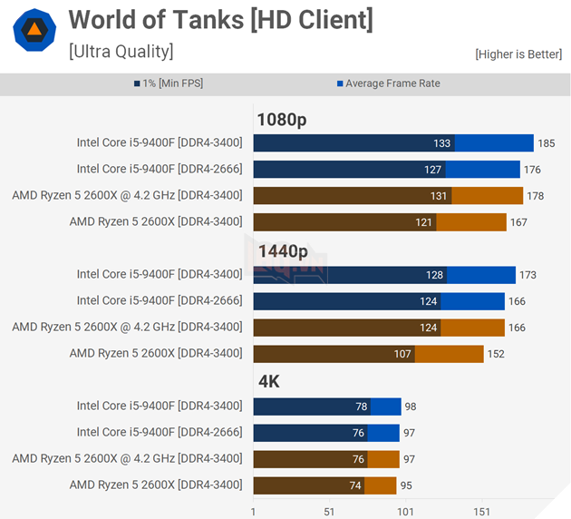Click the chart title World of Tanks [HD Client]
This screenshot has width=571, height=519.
(x=220, y=20)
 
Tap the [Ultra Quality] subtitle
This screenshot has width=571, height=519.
(x=121, y=52)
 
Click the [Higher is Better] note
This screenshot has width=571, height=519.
(x=518, y=54)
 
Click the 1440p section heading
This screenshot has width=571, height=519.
(x=282, y=251)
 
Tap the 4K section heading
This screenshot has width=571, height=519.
(x=268, y=382)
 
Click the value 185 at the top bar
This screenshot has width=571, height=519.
(x=546, y=143)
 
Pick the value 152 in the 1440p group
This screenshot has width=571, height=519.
(x=496, y=354)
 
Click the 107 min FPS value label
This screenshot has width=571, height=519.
(x=402, y=354)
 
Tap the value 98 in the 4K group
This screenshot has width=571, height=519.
(x=411, y=406)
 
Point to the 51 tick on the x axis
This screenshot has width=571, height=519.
(x=329, y=512)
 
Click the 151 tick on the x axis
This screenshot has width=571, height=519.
(x=481, y=512)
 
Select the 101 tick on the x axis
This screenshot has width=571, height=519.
(x=405, y=512)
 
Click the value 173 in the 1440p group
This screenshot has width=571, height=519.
(x=527, y=275)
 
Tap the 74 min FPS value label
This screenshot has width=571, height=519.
(x=354, y=485)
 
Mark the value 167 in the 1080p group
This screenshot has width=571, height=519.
(x=518, y=222)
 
